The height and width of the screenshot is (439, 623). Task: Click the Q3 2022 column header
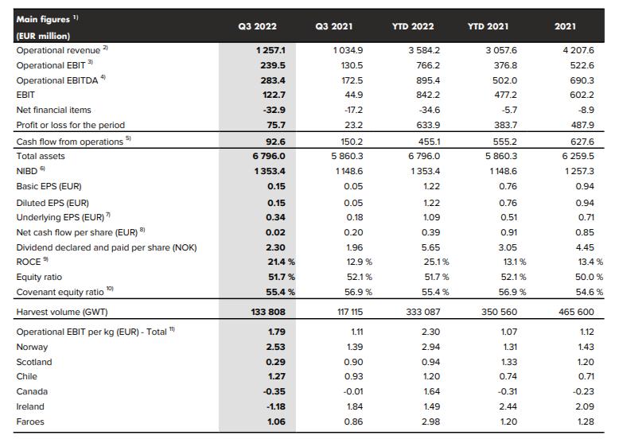[x=257, y=26]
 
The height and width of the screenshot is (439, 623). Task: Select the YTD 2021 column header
[x=488, y=26]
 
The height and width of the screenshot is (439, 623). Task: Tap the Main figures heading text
[x=43, y=19]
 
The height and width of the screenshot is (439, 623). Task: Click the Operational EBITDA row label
[x=56, y=80]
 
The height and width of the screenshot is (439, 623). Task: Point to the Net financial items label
[x=53, y=110]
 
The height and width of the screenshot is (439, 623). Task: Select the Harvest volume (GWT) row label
[x=62, y=312]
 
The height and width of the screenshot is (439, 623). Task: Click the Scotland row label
[x=34, y=362]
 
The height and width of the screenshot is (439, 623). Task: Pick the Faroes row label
[x=30, y=422]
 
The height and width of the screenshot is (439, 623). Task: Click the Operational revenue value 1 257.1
[x=271, y=50]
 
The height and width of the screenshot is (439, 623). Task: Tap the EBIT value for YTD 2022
[x=428, y=95]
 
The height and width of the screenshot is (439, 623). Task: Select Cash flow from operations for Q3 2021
[x=352, y=142]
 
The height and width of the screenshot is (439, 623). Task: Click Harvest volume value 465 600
[x=576, y=312]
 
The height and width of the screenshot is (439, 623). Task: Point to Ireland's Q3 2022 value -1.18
[x=276, y=406]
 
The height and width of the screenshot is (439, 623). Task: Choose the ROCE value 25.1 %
[x=436, y=262]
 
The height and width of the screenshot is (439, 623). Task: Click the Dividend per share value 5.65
[x=430, y=247]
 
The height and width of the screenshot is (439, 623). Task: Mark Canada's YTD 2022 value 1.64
[x=431, y=391]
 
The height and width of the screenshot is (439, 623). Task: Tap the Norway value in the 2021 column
[x=586, y=347]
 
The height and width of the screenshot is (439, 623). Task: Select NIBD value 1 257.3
[x=579, y=171]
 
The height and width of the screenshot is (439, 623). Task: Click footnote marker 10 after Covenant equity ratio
[x=110, y=289]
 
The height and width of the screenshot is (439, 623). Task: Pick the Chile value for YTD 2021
[x=508, y=376]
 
